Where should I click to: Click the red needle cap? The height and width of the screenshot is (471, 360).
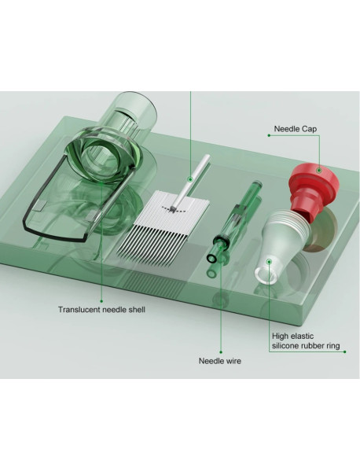tap(313, 186)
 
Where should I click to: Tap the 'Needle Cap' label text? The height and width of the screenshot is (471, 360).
tap(295, 129)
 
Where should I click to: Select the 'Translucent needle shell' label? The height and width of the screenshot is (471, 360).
tap(101, 309)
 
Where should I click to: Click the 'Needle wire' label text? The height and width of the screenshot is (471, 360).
tap(220, 361)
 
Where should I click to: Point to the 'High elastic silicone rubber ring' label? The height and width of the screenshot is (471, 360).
tap(306, 341)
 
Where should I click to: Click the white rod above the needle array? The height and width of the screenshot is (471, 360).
tap(190, 181)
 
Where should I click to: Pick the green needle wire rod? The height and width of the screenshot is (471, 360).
tap(234, 221)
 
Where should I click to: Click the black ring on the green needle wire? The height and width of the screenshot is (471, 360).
tap(222, 241)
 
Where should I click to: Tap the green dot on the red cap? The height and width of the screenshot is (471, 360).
tap(319, 171)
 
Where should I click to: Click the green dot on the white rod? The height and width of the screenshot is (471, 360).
tap(189, 179)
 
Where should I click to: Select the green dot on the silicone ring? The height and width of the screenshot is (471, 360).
tap(270, 262)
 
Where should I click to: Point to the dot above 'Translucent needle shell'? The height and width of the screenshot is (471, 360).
tap(101, 301)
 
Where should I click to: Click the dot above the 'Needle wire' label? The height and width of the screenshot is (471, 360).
tap(221, 352)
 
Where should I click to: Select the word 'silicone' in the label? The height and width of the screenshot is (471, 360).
tap(285, 346)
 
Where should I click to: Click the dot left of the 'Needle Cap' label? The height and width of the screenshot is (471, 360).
tap(269, 135)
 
